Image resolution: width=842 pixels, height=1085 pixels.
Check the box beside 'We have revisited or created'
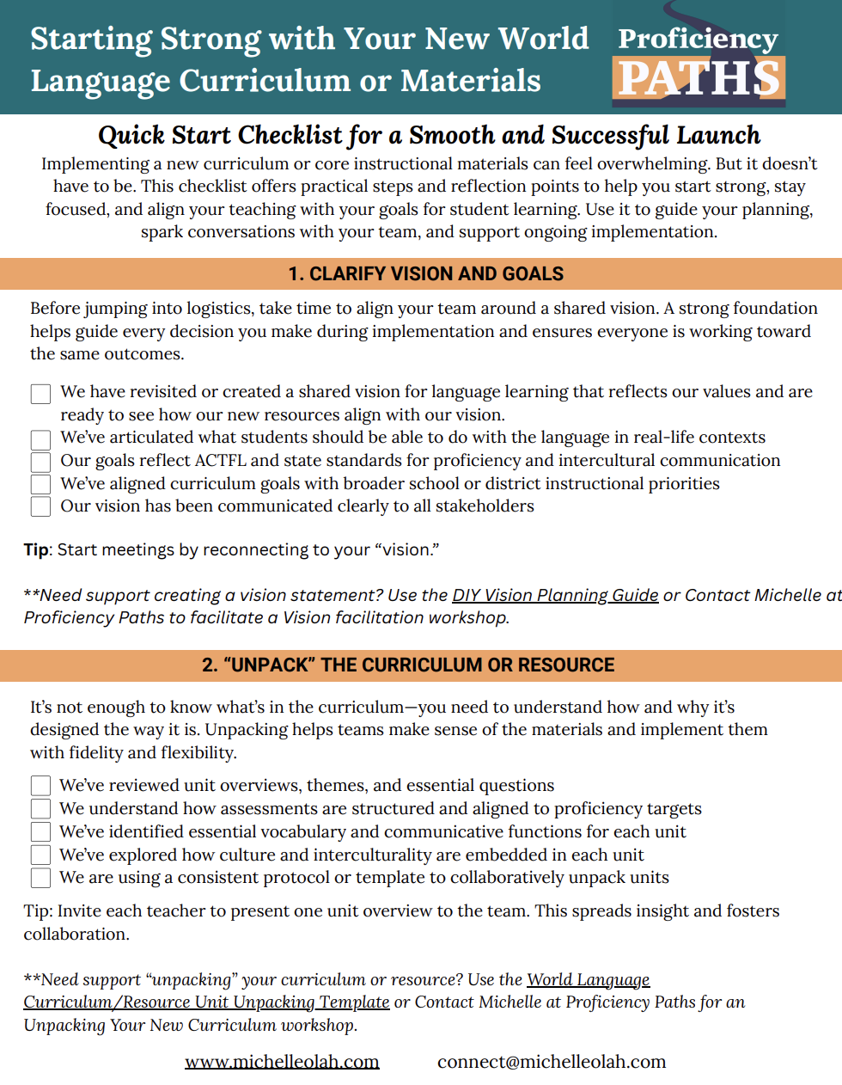coord(40,394)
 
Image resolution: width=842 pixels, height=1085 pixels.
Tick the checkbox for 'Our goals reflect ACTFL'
coord(40,462)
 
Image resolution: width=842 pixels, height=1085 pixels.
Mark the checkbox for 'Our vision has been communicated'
coord(40,506)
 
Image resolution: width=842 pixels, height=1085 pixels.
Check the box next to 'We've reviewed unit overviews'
coord(40,786)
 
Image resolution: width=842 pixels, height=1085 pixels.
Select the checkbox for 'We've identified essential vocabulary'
coord(40,832)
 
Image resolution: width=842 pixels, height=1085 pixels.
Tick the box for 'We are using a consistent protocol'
coord(40,878)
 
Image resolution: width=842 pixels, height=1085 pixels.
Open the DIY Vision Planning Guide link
coord(555,595)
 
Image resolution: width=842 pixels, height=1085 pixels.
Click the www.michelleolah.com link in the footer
coord(282,1062)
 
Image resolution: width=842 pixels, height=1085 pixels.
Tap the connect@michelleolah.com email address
coord(552,1062)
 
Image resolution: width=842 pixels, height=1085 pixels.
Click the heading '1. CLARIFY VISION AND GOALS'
coord(426,274)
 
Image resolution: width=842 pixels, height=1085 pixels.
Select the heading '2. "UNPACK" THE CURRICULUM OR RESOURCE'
coord(408,665)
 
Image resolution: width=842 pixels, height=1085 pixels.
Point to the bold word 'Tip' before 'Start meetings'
coord(36,550)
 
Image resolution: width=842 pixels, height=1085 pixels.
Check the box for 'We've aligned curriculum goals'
coord(40,484)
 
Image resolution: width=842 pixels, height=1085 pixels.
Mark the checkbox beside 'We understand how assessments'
coord(40,809)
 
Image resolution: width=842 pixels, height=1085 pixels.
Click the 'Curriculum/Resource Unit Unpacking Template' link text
coord(206,1002)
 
